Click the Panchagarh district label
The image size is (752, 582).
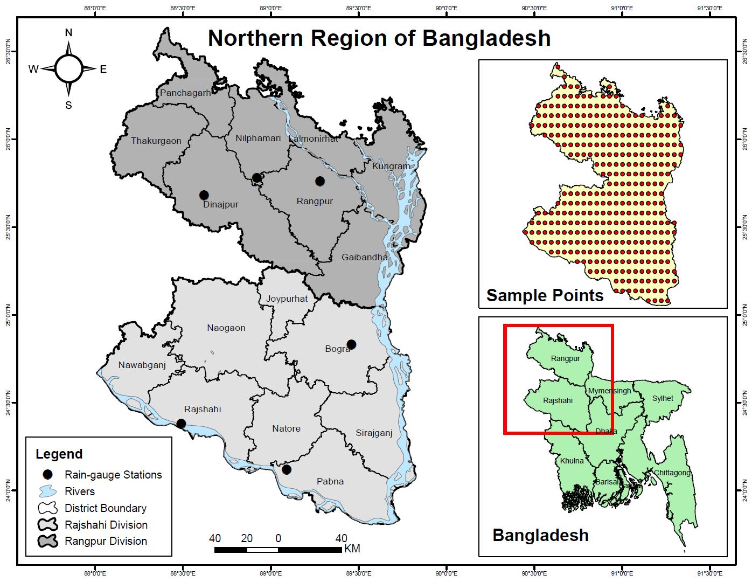click(185, 93)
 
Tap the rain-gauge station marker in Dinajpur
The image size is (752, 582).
click(204, 195)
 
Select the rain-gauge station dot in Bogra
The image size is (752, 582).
click(351, 344)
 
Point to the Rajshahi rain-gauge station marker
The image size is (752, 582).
click(181, 424)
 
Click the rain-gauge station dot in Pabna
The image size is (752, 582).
click(287, 469)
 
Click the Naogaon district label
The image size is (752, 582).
click(226, 328)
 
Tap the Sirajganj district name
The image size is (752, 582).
click(374, 433)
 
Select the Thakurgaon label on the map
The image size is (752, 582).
click(156, 141)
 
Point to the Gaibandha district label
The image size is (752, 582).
click(365, 257)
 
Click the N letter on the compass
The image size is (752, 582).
click(68, 33)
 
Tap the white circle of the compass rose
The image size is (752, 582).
click(68, 69)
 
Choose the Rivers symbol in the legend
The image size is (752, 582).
click(47, 491)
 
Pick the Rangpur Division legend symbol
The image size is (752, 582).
click(47, 541)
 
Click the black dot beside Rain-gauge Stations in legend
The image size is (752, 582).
click(47, 474)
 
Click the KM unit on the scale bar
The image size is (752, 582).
click(352, 549)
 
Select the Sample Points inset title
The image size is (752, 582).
click(545, 295)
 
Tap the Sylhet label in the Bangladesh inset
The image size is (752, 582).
click(663, 398)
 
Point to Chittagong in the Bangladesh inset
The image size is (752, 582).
click(672, 473)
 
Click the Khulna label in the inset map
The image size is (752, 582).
click(572, 461)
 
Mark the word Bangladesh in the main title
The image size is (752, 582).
click(486, 38)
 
